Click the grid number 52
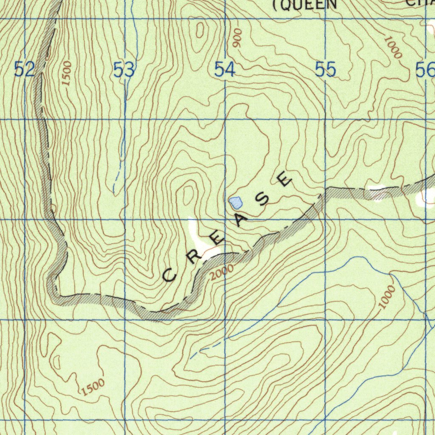(x=24, y=69)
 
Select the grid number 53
(x=124, y=70)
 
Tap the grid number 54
(x=225, y=69)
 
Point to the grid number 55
(x=326, y=69)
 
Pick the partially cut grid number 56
(x=425, y=70)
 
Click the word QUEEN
(x=306, y=5)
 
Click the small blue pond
(x=235, y=203)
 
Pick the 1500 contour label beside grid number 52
(x=67, y=73)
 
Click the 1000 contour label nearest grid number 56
(x=393, y=47)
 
